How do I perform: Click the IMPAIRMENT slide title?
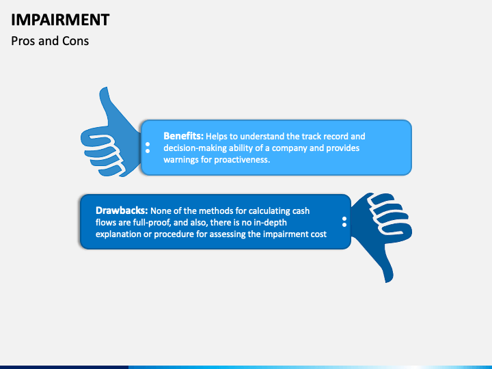pyautogui.click(x=60, y=19)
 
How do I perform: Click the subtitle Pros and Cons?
pyautogui.click(x=50, y=41)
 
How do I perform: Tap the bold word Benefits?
pyautogui.click(x=184, y=136)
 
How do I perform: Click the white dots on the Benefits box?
pyautogui.click(x=148, y=148)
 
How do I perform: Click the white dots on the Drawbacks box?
pyautogui.click(x=344, y=221)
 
